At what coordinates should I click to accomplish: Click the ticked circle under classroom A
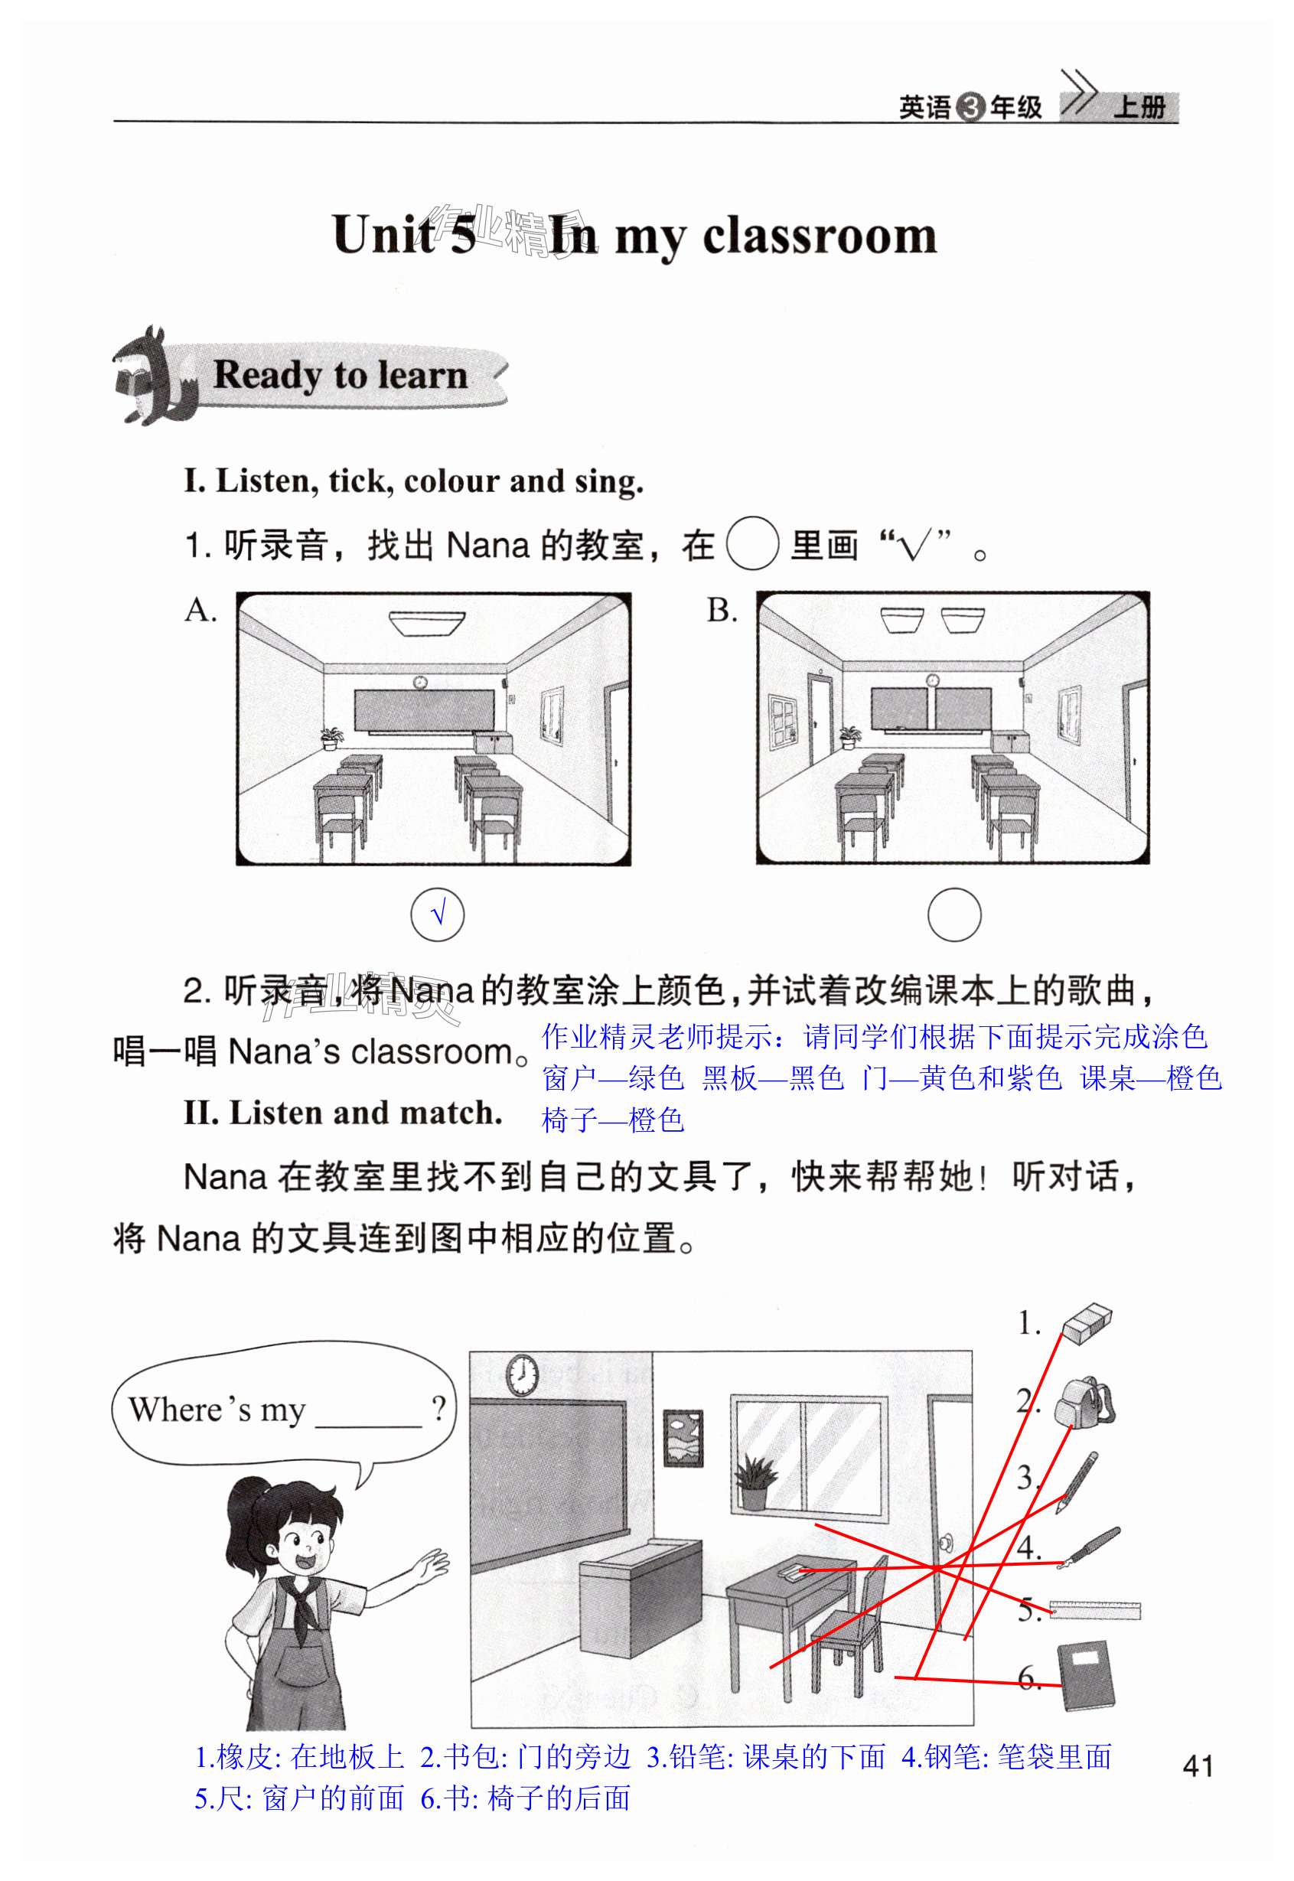point(438,914)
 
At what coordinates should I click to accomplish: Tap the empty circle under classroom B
point(954,914)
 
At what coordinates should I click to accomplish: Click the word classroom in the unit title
point(820,236)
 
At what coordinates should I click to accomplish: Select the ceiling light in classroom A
point(426,623)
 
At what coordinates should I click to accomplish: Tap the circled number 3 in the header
point(970,107)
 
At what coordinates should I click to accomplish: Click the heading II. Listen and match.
point(343,1113)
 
